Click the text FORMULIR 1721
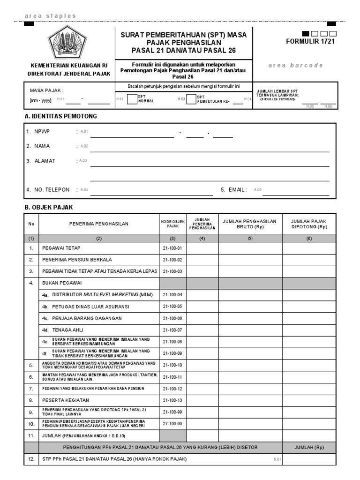coord(310,41)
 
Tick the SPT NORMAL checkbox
coord(132,99)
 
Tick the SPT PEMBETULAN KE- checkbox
coord(191,99)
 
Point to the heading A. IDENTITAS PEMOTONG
coord(61,116)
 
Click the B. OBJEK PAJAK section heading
coord(48,207)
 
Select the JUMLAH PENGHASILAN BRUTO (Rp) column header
coord(250,224)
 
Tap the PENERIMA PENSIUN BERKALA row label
coord(77,260)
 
